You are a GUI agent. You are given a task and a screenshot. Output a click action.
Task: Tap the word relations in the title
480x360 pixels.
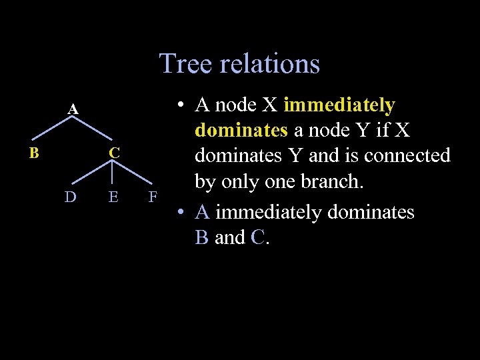tap(272, 64)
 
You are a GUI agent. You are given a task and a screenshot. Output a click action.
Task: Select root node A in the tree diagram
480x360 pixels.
tap(73, 109)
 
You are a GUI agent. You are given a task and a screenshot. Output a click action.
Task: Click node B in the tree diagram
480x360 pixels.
tap(33, 153)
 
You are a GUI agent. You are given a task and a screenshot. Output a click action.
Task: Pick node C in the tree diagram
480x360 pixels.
tap(115, 153)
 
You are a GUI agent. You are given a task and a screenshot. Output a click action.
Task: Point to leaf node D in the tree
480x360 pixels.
tap(70, 197)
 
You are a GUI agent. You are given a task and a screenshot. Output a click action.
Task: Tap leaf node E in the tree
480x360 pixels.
tap(114, 197)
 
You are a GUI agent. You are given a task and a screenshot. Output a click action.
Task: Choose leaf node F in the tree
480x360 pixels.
tap(153, 197)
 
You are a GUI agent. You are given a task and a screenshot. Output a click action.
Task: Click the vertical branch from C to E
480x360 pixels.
tap(114, 175)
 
